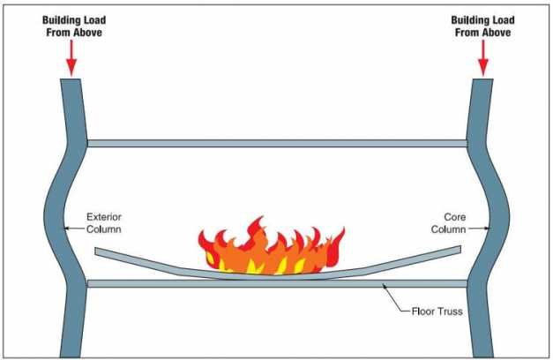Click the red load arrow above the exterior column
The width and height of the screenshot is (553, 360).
(71, 58)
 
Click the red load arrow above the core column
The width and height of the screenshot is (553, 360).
(483, 58)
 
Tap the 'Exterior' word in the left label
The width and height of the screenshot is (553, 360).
(104, 217)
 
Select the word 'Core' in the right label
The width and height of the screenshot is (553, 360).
(454, 217)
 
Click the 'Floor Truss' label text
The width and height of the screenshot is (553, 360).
(437, 311)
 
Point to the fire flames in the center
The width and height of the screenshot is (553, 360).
(272, 247)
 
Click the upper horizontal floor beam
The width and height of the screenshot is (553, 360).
(277, 143)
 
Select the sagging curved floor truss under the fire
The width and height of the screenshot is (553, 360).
(277, 268)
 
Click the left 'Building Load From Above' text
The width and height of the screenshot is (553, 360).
(74, 26)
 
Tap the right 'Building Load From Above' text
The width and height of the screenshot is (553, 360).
(482, 26)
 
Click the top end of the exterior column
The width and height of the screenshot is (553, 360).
(71, 79)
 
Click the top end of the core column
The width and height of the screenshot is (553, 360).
(482, 79)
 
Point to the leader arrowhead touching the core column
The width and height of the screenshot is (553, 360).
(487, 229)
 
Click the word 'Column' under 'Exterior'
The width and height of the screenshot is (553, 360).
(104, 229)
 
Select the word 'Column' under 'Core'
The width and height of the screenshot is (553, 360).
(448, 229)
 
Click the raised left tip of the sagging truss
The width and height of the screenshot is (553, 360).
(96, 251)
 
